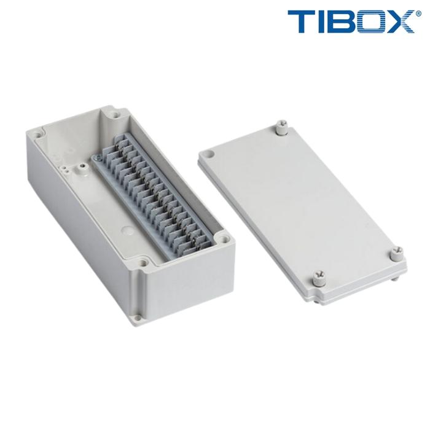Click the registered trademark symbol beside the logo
[x=419, y=14]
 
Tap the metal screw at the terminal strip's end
[x=96, y=157]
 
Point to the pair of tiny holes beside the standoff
[x=65, y=169]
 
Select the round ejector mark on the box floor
[x=127, y=229]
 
